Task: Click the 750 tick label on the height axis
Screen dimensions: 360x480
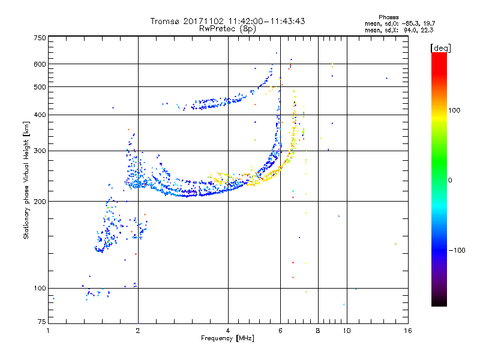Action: (x=40, y=38)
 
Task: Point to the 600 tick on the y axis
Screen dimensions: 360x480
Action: (x=40, y=64)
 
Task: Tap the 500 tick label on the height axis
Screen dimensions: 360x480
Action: (x=40, y=86)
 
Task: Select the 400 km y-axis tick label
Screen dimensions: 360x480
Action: (x=40, y=115)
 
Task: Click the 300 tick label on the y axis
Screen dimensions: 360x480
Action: (x=40, y=151)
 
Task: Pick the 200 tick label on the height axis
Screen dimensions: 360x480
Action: (x=40, y=201)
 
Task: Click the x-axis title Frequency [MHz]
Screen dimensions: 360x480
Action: (x=228, y=339)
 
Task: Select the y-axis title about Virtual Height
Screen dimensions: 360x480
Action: (x=26, y=180)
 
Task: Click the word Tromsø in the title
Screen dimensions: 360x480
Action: (x=168, y=21)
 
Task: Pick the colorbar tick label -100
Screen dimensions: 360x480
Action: (x=457, y=250)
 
